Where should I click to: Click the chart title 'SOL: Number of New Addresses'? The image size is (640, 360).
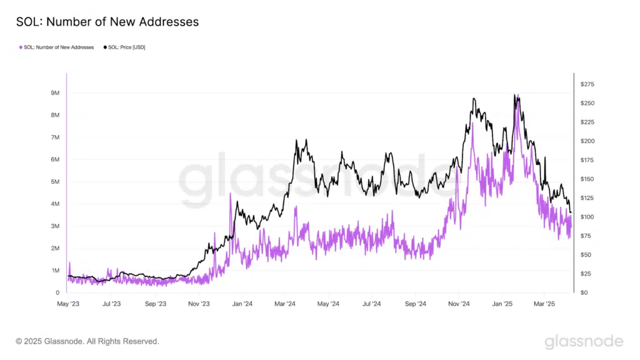[107, 22]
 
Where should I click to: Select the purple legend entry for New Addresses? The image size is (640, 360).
[56, 47]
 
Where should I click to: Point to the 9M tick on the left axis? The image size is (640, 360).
[55, 93]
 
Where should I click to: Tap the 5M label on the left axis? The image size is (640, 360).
[55, 182]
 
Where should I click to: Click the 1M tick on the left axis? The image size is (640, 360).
[55, 271]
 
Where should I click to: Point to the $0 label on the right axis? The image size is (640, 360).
[584, 292]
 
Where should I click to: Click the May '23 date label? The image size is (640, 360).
[67, 304]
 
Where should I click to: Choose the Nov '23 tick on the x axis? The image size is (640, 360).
[198, 304]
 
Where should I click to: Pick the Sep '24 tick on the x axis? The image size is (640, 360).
[415, 304]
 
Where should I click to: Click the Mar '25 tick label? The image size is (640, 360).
[544, 304]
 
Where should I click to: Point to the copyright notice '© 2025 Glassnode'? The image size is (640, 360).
[87, 342]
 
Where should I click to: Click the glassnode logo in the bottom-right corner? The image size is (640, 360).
[583, 341]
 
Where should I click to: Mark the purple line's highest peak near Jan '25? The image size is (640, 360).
[517, 95]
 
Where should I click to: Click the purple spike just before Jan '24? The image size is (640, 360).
[231, 194]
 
